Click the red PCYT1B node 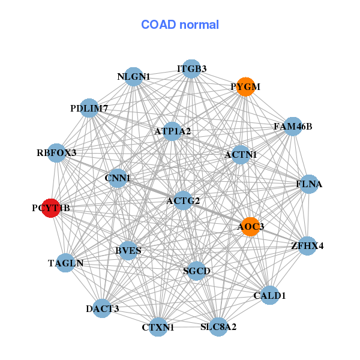tap(51, 208)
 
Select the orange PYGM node tap(245, 87)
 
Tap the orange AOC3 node tap(250, 226)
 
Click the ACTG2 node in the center tap(183, 200)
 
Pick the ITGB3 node tap(191, 69)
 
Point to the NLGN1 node tap(134, 77)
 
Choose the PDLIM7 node tap(89, 109)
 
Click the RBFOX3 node tap(56, 153)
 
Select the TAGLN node tap(65, 263)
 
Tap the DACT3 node tap(102, 308)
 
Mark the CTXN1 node tap(158, 327)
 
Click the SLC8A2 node tap(218, 327)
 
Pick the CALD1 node tap(270, 295)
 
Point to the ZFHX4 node tap(307, 245)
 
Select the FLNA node tap(309, 184)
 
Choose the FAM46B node tap(293, 127)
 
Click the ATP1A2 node tap(172, 131)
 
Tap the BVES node tap(128, 250)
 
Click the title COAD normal tap(180, 25)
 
